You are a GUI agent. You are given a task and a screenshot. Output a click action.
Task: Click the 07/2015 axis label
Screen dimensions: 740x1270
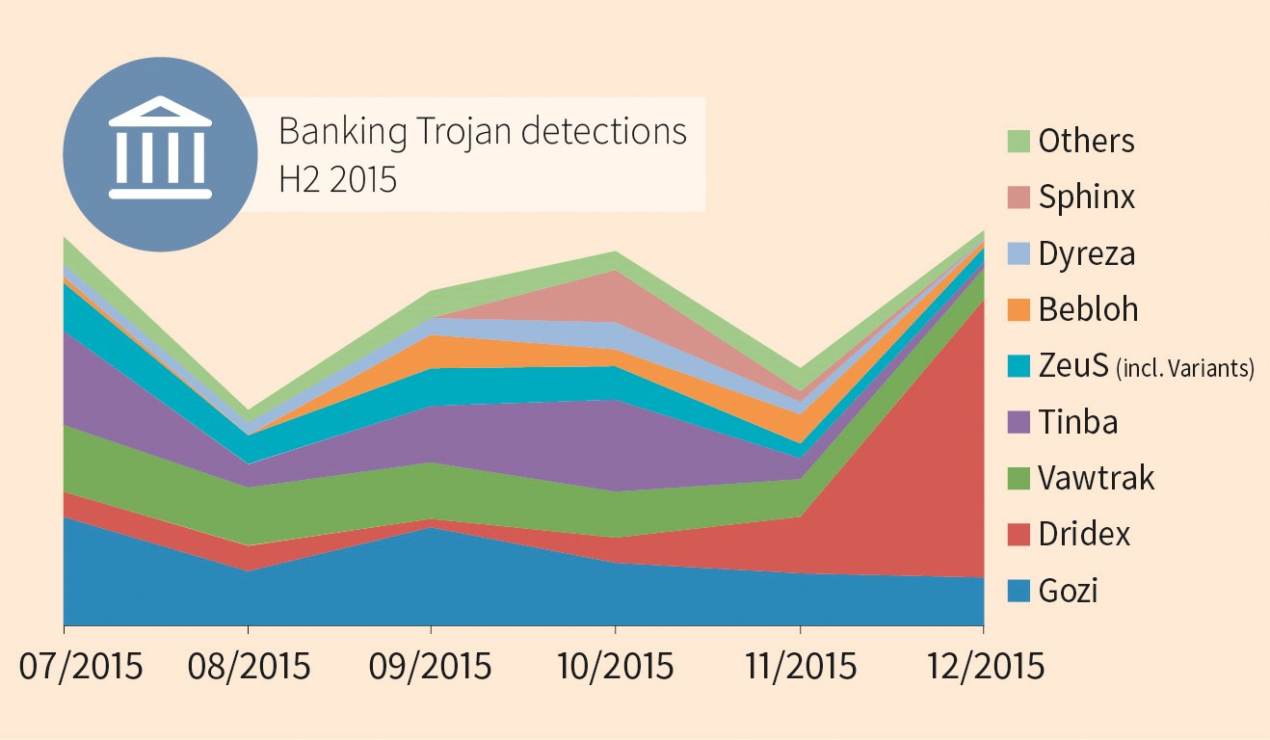tap(82, 667)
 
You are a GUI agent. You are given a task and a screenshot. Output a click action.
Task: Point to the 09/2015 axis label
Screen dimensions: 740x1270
tap(432, 667)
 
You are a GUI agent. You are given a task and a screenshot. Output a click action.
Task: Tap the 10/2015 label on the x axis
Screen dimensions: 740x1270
tap(615, 667)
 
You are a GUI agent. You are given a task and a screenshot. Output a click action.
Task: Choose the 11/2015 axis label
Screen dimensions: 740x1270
tap(798, 667)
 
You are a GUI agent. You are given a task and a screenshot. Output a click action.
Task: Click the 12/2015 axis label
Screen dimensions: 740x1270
tap(984, 667)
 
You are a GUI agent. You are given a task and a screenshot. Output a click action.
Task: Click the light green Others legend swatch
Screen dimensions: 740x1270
tap(1019, 142)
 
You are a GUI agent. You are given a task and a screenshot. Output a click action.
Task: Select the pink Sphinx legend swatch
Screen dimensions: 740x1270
tap(1019, 198)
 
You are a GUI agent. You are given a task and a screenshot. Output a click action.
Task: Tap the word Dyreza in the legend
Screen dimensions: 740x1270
tap(1087, 254)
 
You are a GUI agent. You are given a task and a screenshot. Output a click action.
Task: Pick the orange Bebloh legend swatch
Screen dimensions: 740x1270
tap(1019, 310)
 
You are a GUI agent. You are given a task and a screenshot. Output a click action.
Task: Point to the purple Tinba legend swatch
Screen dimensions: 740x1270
tap(1019, 422)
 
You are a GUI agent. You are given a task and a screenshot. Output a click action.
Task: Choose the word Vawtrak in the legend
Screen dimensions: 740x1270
tap(1097, 479)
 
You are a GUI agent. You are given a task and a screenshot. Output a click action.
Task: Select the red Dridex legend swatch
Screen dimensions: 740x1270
tap(1019, 535)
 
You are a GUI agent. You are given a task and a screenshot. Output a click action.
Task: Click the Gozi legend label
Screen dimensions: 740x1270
tap(1069, 591)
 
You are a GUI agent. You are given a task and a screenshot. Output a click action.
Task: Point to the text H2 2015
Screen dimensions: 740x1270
tap(337, 179)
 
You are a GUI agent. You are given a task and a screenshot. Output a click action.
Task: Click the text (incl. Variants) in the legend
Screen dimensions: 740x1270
tap(1184, 368)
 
